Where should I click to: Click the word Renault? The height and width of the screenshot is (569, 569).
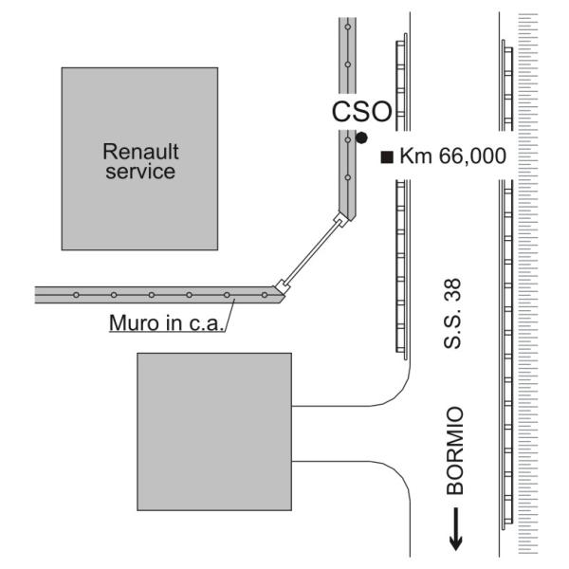pos(141,152)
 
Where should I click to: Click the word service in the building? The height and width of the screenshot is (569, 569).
pos(141,173)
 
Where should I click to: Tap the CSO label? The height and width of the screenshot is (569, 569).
pos(361,113)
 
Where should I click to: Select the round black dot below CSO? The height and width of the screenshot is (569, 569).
pos(360,138)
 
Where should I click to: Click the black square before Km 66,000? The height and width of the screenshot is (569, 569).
pos(386,156)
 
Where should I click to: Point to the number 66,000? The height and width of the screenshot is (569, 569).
pos(472,156)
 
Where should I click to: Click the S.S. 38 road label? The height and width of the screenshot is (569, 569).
pos(454,324)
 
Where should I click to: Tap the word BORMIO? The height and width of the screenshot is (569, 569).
pos(455,452)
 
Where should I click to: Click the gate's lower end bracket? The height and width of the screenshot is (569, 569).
pos(281,285)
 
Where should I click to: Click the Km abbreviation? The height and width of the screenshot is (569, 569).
pos(413,156)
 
